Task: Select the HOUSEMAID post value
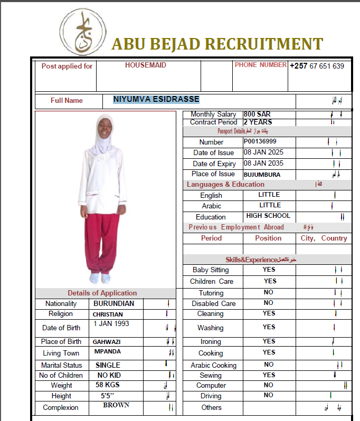145,65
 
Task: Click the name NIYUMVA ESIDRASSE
156,99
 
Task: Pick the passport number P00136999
260,141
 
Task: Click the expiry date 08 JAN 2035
263,163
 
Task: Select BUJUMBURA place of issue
262,175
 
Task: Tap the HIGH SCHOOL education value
268,216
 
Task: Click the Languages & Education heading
225,185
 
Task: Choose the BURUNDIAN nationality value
113,304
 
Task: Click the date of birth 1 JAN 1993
111,323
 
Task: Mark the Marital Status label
61,365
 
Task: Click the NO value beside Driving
268,395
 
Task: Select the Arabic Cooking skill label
213,365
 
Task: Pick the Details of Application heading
102,293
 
